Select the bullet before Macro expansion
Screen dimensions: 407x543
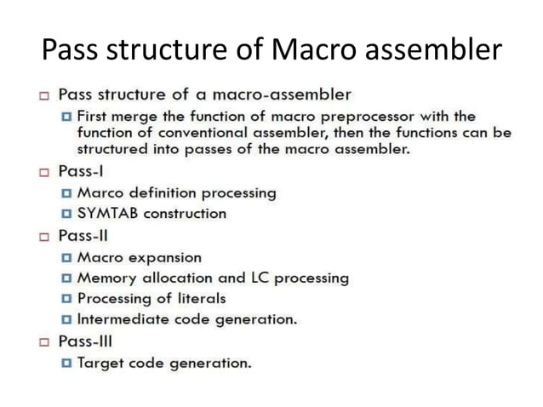point(66,257)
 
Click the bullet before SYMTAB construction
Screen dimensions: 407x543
point(66,214)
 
